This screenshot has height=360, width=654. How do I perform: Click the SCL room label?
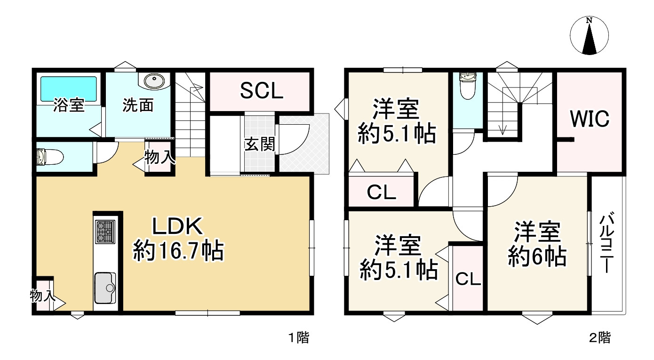[x=262, y=91]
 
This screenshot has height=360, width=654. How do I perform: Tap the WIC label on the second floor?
[x=590, y=119]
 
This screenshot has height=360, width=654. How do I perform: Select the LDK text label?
[x=177, y=228]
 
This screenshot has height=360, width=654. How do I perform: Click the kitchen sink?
[x=105, y=287]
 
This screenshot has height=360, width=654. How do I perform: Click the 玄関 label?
[x=259, y=144]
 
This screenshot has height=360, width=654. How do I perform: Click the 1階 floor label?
[x=299, y=337]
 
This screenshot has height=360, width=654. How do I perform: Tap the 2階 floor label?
[x=600, y=337]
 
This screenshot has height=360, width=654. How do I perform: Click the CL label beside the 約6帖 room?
[x=468, y=279]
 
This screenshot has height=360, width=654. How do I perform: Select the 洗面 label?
[x=138, y=105]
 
